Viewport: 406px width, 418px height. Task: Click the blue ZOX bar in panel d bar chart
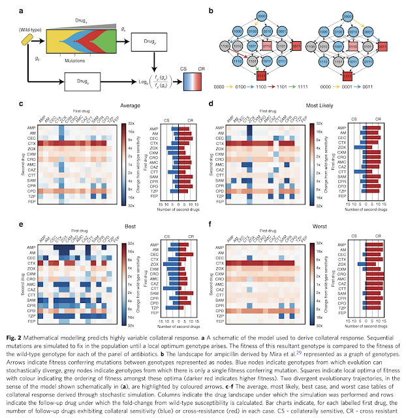(359, 148)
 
